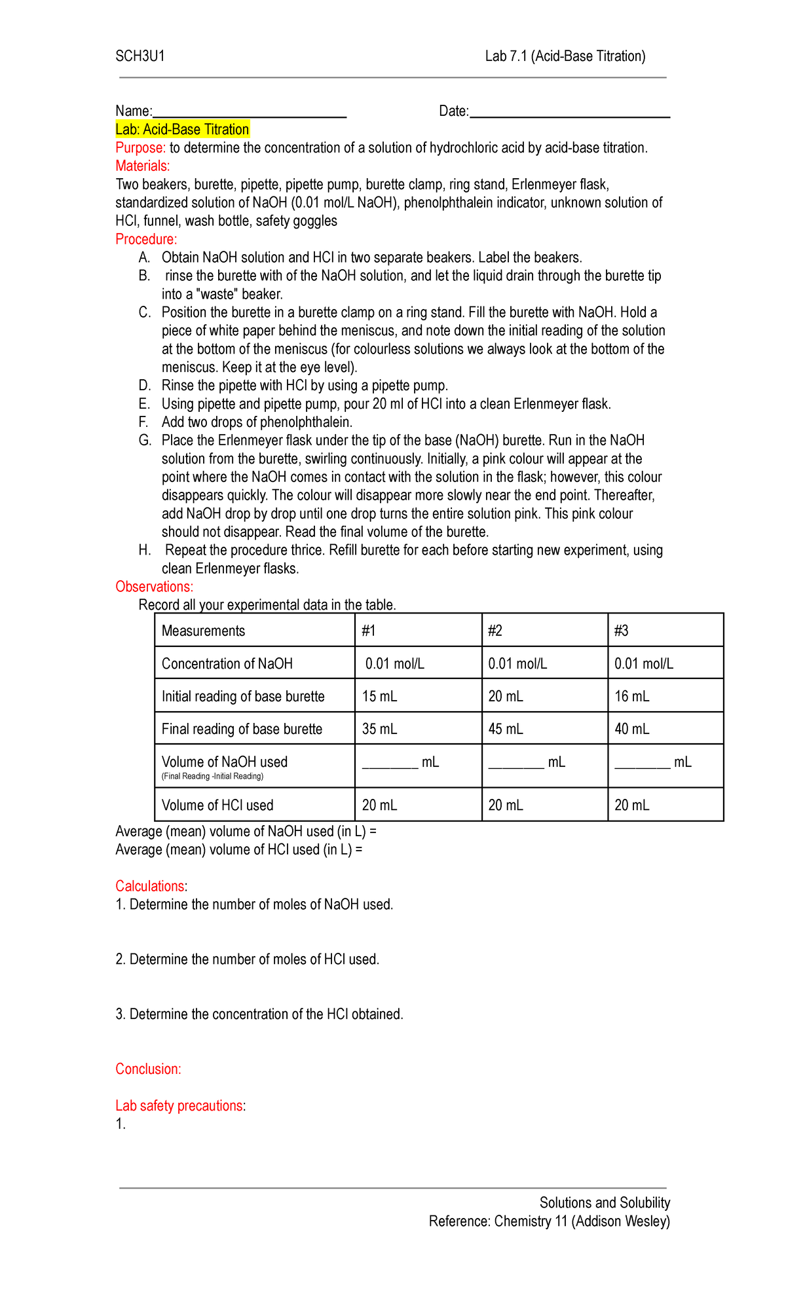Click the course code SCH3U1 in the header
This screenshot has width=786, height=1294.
coord(140,56)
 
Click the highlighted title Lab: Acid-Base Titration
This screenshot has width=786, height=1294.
coord(182,130)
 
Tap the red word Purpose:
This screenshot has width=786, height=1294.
coord(140,148)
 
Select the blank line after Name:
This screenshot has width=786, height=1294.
coord(249,113)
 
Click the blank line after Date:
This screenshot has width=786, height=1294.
coord(569,113)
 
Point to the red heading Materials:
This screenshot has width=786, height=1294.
coord(142,166)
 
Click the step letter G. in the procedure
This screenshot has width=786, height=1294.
coord(145,441)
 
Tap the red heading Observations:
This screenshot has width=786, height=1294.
coord(154,587)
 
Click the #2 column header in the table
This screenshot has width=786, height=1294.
coord(495,631)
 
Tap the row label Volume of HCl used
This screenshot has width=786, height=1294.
coord(217,805)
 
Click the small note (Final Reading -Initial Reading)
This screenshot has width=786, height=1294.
coord(212,777)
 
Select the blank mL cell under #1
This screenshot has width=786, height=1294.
coord(400,763)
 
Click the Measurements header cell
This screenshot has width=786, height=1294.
coord(203,631)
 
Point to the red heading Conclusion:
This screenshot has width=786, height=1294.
coord(148,1069)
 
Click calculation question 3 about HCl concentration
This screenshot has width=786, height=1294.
coord(259,1014)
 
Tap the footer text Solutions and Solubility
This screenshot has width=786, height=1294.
coord(604,1203)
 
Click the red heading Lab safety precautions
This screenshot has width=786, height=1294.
coord(179,1106)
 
